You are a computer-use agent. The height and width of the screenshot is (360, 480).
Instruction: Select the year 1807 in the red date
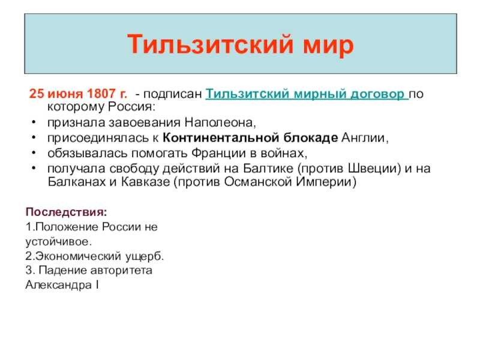(100, 94)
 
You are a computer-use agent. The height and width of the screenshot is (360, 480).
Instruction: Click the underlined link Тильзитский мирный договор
(306, 94)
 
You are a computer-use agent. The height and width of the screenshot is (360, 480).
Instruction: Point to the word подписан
(172, 94)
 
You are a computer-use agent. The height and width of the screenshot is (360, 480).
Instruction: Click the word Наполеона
(219, 122)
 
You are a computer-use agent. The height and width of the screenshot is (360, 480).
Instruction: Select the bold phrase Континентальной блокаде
(250, 137)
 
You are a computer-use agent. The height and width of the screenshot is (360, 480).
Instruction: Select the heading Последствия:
(67, 212)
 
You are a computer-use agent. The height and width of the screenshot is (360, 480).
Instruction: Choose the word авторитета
(121, 271)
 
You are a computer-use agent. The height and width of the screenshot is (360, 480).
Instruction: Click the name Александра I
(62, 284)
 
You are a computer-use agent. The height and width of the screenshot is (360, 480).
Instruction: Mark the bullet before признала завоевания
(34, 122)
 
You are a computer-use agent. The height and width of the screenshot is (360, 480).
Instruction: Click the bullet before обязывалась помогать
(34, 152)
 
